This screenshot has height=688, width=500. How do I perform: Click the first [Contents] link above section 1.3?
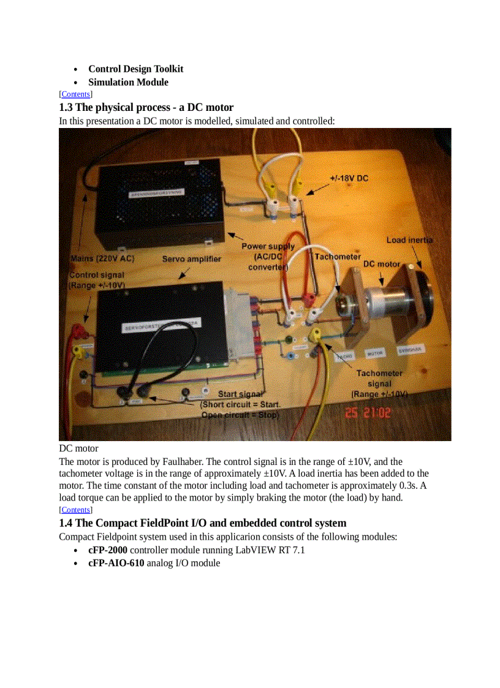(x=75, y=94)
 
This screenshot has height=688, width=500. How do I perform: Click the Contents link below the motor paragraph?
(x=75, y=510)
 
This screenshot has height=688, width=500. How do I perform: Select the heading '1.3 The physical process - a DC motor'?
(x=146, y=107)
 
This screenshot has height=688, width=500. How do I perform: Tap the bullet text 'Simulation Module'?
(x=128, y=82)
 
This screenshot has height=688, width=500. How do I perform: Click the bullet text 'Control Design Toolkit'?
(x=135, y=69)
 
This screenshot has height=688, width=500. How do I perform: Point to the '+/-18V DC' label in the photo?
(x=349, y=178)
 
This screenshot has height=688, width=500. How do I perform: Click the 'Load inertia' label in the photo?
(x=409, y=240)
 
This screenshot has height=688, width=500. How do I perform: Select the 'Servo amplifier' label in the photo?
(x=191, y=259)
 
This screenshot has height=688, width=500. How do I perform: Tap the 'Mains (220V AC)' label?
(x=102, y=259)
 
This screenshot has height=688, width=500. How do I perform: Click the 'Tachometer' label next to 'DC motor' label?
(x=338, y=257)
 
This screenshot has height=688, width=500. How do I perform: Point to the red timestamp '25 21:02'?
(x=368, y=413)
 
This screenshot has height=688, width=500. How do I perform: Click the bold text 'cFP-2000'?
(x=108, y=550)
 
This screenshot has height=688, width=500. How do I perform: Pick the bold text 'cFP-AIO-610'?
(x=116, y=562)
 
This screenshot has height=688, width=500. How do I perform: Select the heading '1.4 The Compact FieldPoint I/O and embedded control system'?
(x=202, y=523)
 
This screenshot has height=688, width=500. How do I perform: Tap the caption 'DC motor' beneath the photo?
(x=78, y=448)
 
